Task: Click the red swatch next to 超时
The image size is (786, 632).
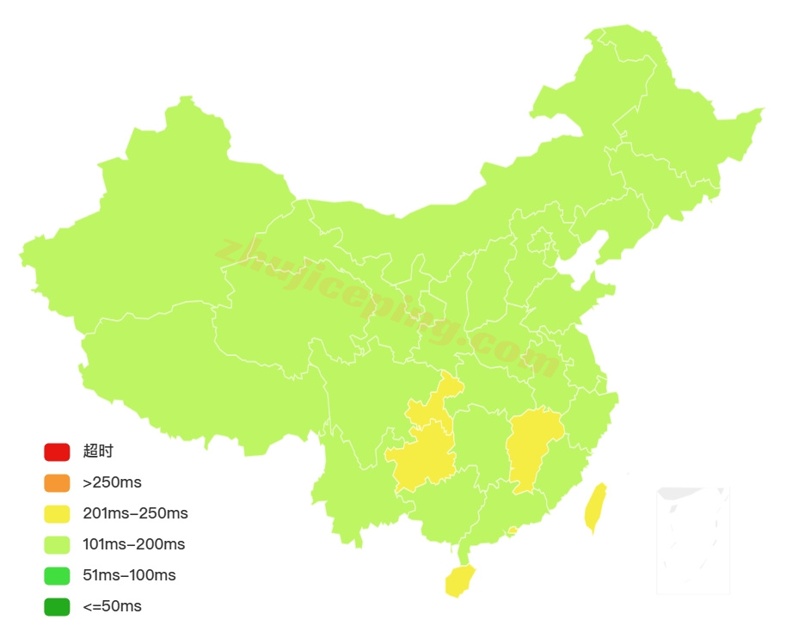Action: coord(57,451)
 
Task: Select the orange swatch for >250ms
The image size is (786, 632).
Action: coord(57,482)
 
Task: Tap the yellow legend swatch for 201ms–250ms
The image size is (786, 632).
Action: coord(57,514)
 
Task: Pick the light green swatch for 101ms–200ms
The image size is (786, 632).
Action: coord(57,544)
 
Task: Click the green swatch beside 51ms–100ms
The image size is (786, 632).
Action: coord(57,575)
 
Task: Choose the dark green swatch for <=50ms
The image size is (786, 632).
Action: coord(57,606)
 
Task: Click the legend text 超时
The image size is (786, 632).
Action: coord(98,451)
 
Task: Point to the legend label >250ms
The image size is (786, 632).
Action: coord(112,482)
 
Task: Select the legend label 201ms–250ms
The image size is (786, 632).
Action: coord(135,514)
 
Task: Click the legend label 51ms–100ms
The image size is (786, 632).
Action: coord(129,575)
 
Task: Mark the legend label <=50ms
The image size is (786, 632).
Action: coord(112,606)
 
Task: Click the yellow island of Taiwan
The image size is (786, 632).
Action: coord(595,507)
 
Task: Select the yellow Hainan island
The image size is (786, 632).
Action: coord(459,581)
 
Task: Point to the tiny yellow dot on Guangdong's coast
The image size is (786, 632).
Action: coord(513,531)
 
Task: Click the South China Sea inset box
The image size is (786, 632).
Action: coord(693,540)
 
